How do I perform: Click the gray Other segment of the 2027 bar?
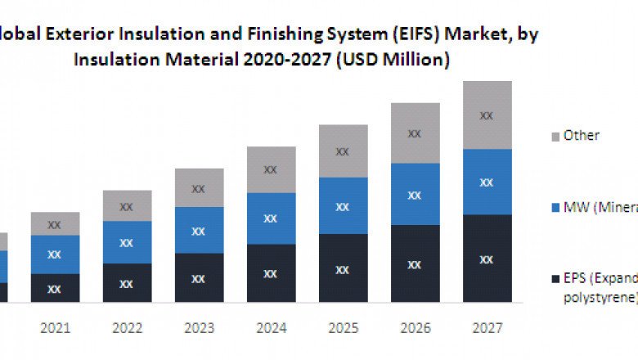coord(487,115)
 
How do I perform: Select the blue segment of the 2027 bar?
coord(487,182)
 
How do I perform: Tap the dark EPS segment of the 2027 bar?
coord(487,259)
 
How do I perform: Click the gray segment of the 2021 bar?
coord(55,223)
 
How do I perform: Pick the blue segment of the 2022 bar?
coord(127,242)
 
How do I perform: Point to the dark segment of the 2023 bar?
coord(199,278)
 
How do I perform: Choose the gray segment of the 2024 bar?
coord(271,169)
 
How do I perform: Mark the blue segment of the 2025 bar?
coord(343,206)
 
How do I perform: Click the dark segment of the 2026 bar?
coord(415,264)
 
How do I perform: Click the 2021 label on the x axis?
coord(55,328)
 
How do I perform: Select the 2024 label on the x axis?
coord(271,328)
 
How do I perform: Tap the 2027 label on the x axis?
coord(487,328)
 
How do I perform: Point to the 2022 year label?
coord(127,328)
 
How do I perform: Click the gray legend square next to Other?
coord(555,136)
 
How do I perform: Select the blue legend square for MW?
coord(555,207)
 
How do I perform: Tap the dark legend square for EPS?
coord(555,278)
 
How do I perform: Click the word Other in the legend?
coord(582,136)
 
